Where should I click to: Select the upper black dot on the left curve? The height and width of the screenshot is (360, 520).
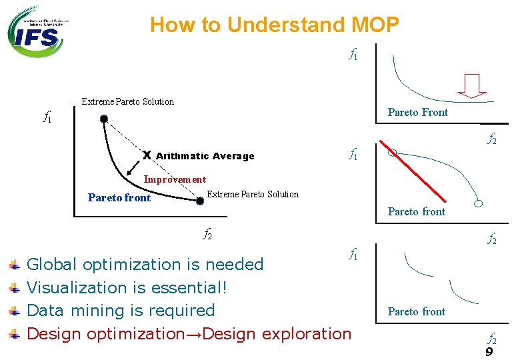point(103,119)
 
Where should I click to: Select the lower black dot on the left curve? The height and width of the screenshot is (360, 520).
point(199,200)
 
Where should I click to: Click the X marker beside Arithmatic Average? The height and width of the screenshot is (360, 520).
point(147,155)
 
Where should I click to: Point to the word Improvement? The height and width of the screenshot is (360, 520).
point(175,179)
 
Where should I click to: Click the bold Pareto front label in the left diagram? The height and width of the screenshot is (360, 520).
point(119,197)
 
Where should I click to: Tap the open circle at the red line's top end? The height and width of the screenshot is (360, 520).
point(392,153)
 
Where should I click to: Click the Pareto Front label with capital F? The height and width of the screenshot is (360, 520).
point(418,112)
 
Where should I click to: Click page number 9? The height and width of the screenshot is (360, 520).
point(489,351)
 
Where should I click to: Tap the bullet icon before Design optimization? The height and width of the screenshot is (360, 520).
point(13,334)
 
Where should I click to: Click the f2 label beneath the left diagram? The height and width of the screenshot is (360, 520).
point(207,233)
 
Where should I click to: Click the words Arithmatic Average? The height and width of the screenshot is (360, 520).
point(205,156)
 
